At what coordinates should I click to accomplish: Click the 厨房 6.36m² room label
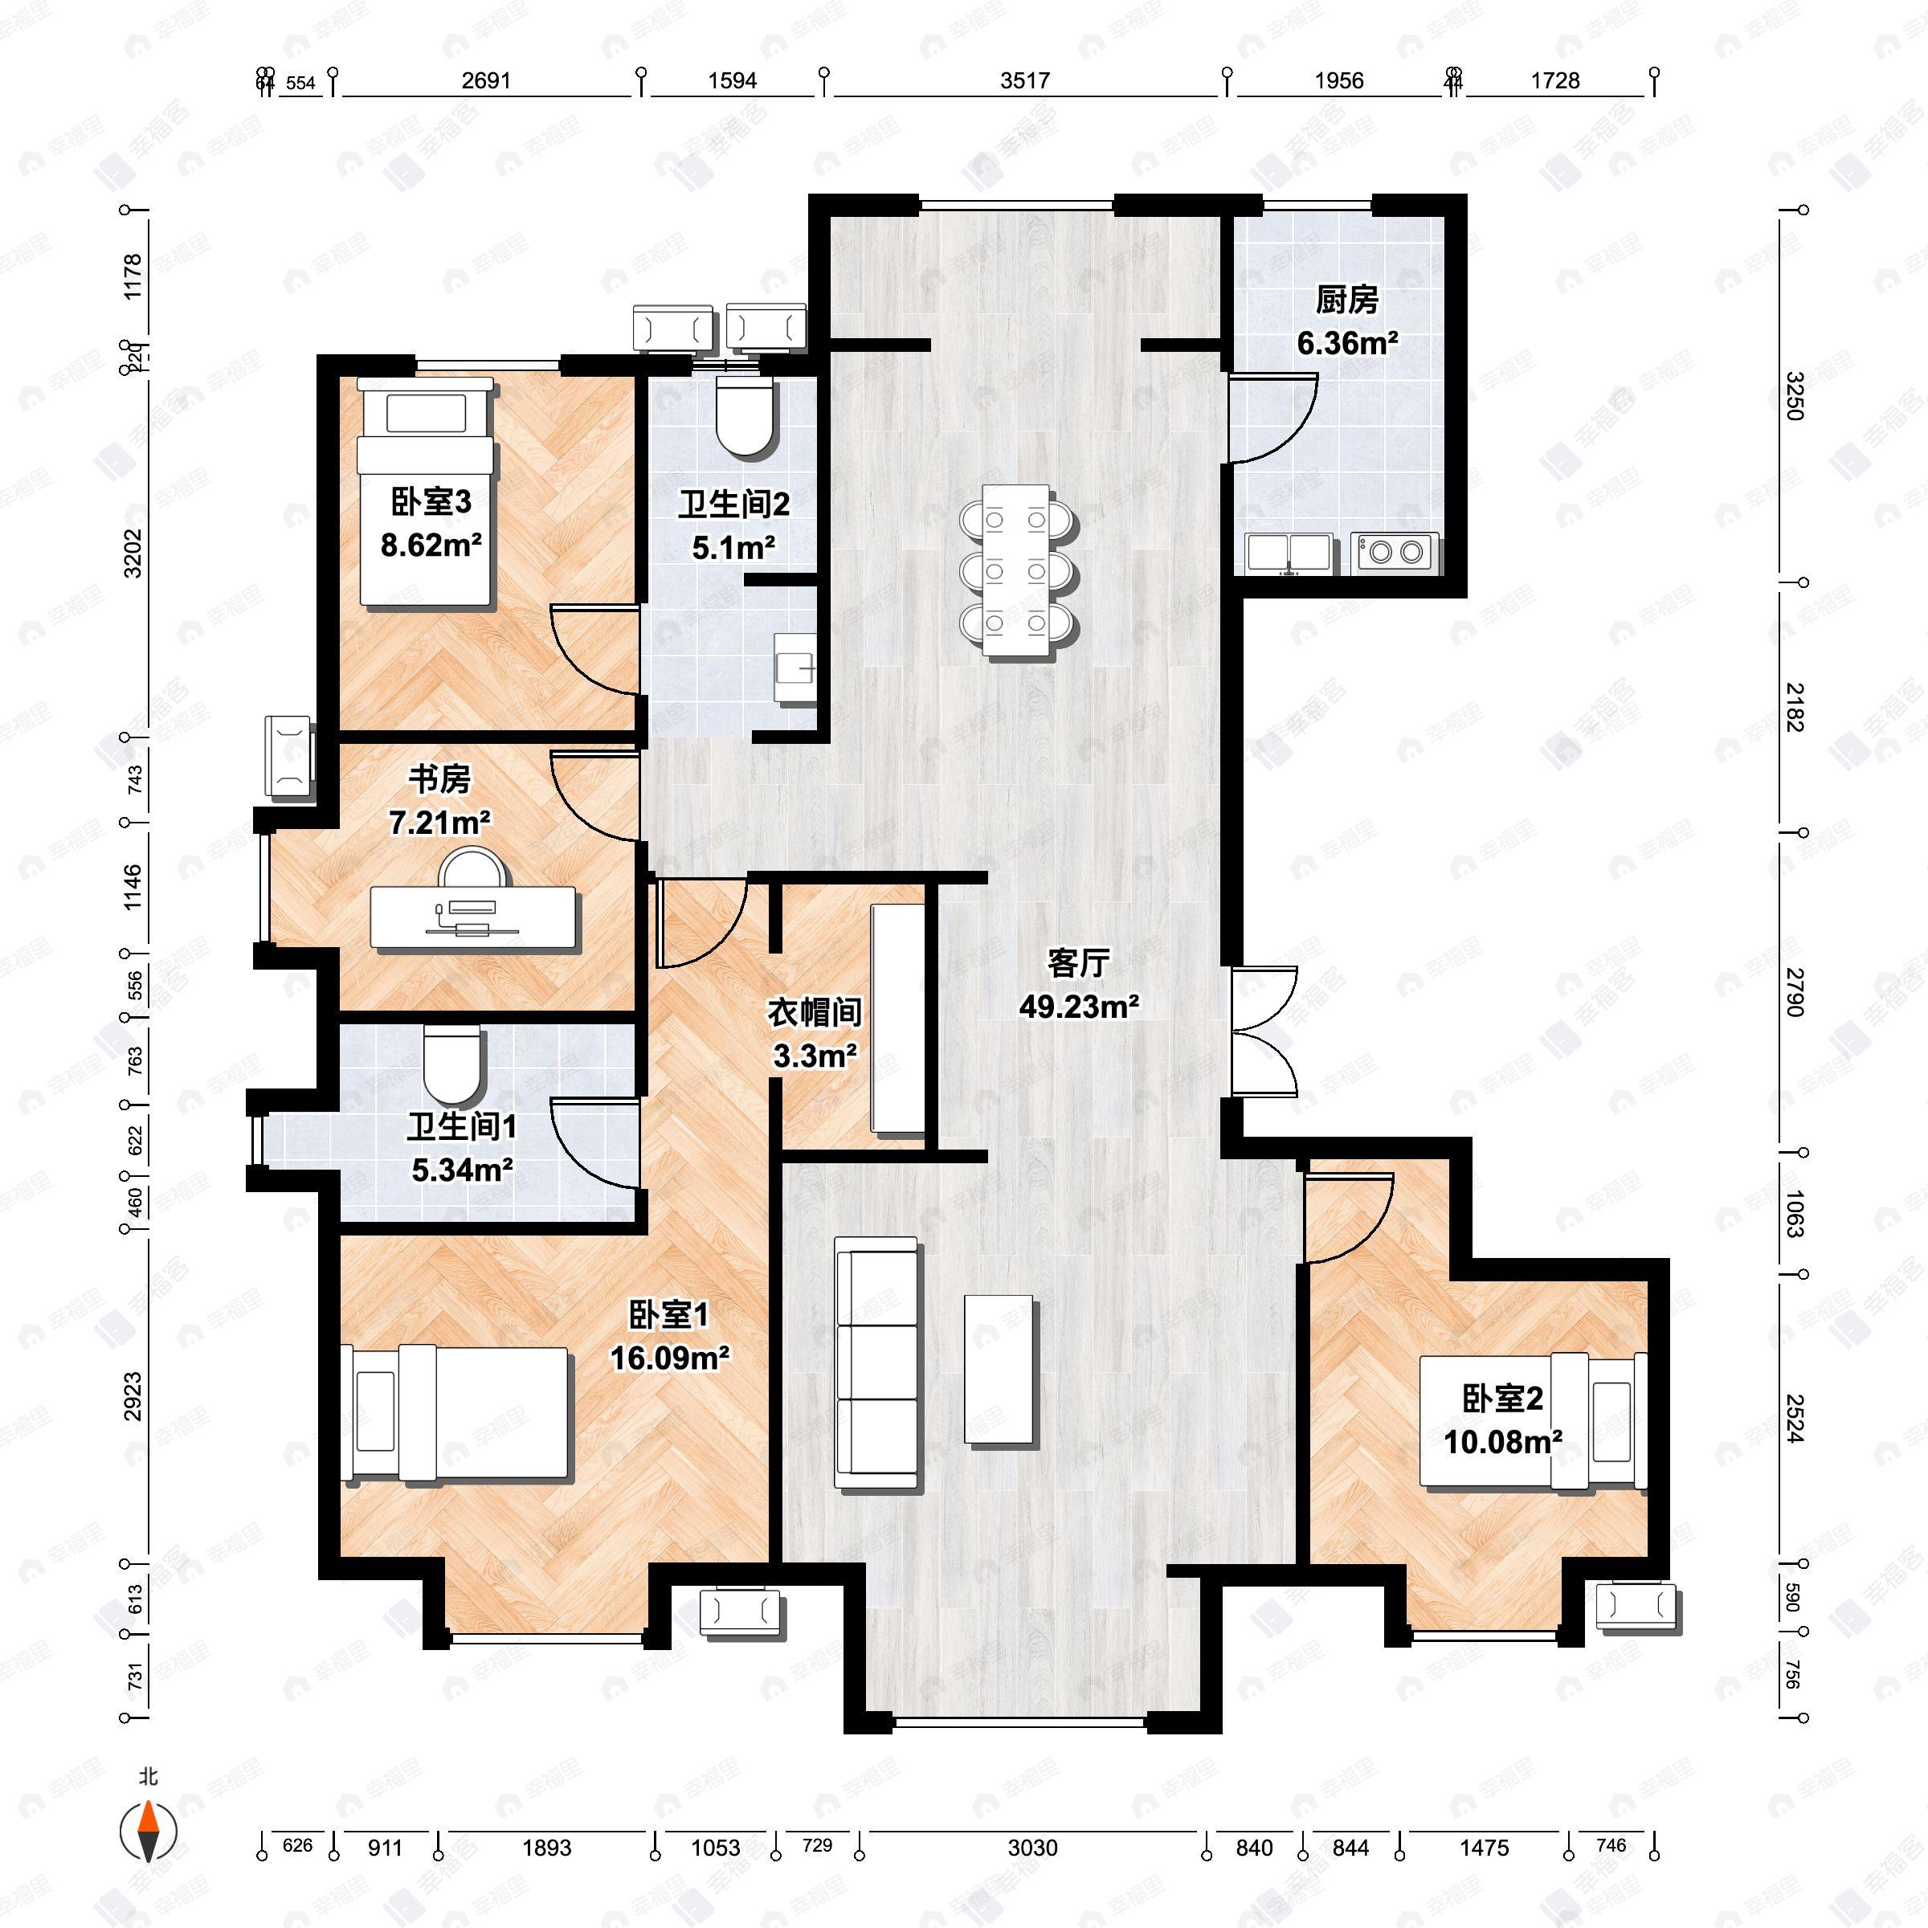(x=1346, y=321)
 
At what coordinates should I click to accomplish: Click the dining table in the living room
(x=1017, y=570)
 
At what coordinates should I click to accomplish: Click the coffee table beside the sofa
(x=998, y=1368)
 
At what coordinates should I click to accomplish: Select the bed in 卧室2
(x=1535, y=1421)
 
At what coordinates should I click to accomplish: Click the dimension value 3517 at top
(x=1025, y=81)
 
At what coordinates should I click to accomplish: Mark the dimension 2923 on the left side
(x=133, y=1396)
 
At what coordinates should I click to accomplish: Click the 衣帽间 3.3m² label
(x=815, y=1033)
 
